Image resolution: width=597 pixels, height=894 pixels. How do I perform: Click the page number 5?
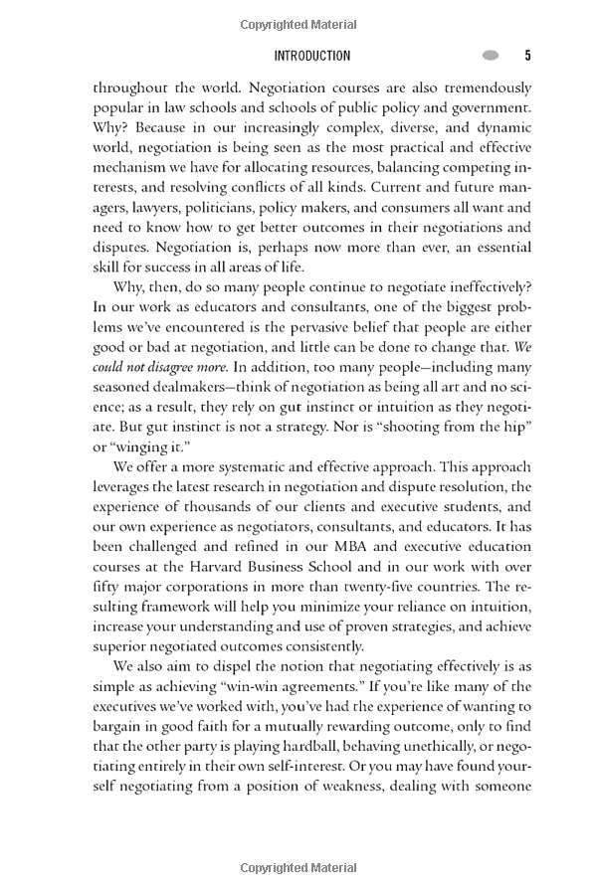coord(527,56)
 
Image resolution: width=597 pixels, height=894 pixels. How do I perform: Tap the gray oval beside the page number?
coord(492,56)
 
